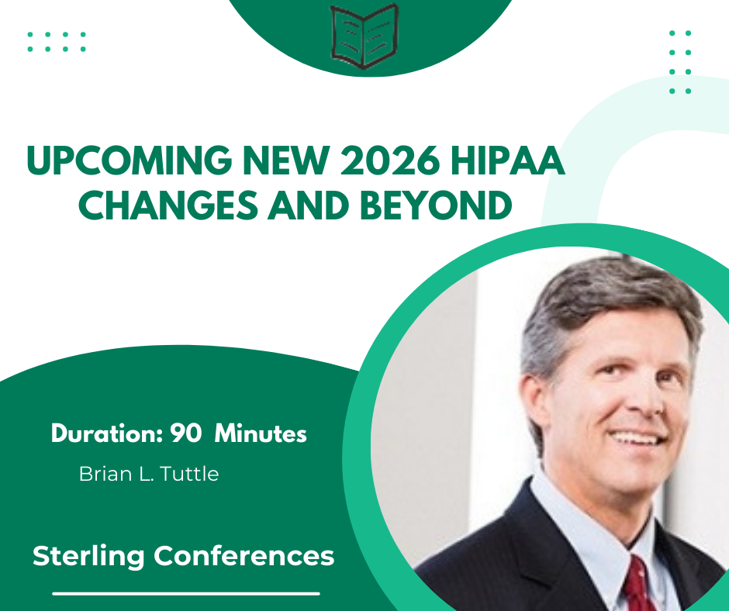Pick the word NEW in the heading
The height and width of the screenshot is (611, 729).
coord(259,162)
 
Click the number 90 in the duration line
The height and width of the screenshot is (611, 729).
coord(186,434)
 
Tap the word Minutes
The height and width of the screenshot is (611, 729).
coord(261,434)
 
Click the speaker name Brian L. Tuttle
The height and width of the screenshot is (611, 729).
coord(149,474)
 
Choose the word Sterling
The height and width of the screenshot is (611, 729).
coord(89,556)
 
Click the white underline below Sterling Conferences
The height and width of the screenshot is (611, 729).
coord(186,594)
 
